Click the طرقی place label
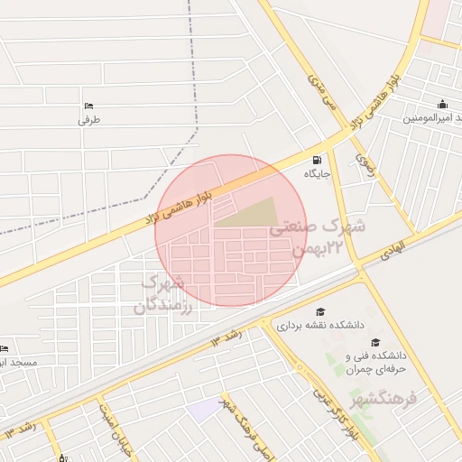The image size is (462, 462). pos(88,119)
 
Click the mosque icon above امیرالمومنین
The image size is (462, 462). pos(442,103)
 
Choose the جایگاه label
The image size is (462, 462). pos(317,173)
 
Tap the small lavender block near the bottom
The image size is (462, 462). pos(205,409)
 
